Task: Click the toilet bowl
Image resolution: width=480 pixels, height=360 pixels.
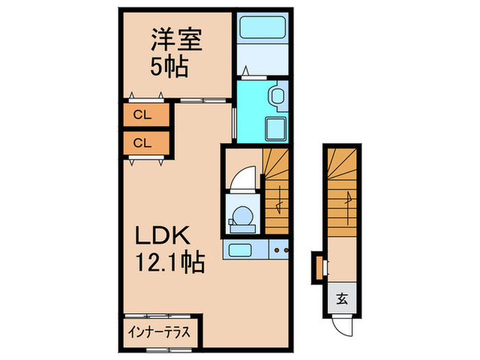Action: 241,216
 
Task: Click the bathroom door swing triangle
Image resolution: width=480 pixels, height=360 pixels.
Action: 245,69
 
